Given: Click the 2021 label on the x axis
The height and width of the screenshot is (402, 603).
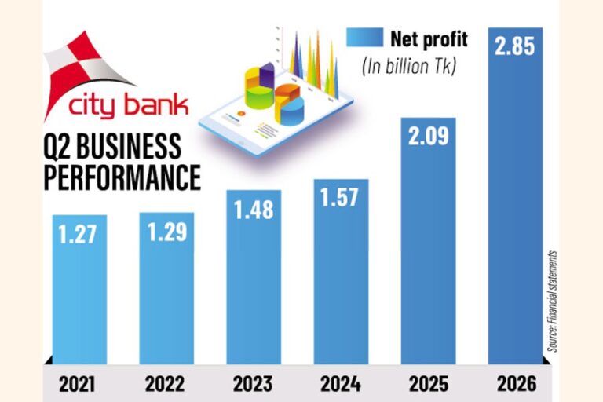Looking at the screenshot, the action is point(77,384).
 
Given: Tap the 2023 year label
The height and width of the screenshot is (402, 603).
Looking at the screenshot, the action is point(253,384).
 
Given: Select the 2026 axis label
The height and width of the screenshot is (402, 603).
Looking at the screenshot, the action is point(517,384).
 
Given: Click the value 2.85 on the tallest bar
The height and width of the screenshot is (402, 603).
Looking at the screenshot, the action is point(515,46).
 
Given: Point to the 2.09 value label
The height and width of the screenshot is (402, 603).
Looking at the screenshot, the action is point(429,136).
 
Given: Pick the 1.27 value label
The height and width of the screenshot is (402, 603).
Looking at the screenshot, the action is point(78,234).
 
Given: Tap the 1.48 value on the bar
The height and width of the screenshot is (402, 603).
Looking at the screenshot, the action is point(254,210).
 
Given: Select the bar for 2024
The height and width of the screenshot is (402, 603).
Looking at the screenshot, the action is point(341,272).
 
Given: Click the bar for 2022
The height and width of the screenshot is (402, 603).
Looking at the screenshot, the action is point(166,288).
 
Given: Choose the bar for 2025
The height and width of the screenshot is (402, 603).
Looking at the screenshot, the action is point(429,241).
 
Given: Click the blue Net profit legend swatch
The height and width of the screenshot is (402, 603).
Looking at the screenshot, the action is point(364,38).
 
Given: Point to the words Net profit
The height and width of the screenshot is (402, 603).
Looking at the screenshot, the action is point(429,39).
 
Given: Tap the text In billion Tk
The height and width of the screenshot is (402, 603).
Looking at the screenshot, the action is point(409,67).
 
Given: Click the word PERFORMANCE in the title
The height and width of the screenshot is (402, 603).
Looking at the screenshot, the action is point(122,177).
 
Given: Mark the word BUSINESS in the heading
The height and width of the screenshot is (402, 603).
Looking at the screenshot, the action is point(129,146).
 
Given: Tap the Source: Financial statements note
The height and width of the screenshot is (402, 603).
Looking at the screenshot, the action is point(553,301).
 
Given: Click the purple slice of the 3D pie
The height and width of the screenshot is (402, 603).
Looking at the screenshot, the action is point(267,75).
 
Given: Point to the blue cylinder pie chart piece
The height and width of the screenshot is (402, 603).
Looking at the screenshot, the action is point(291,111).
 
